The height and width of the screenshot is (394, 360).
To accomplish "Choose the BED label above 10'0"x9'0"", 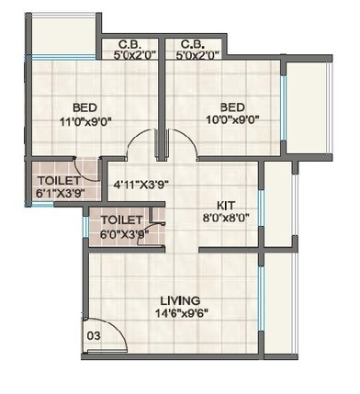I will tap(231, 105).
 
